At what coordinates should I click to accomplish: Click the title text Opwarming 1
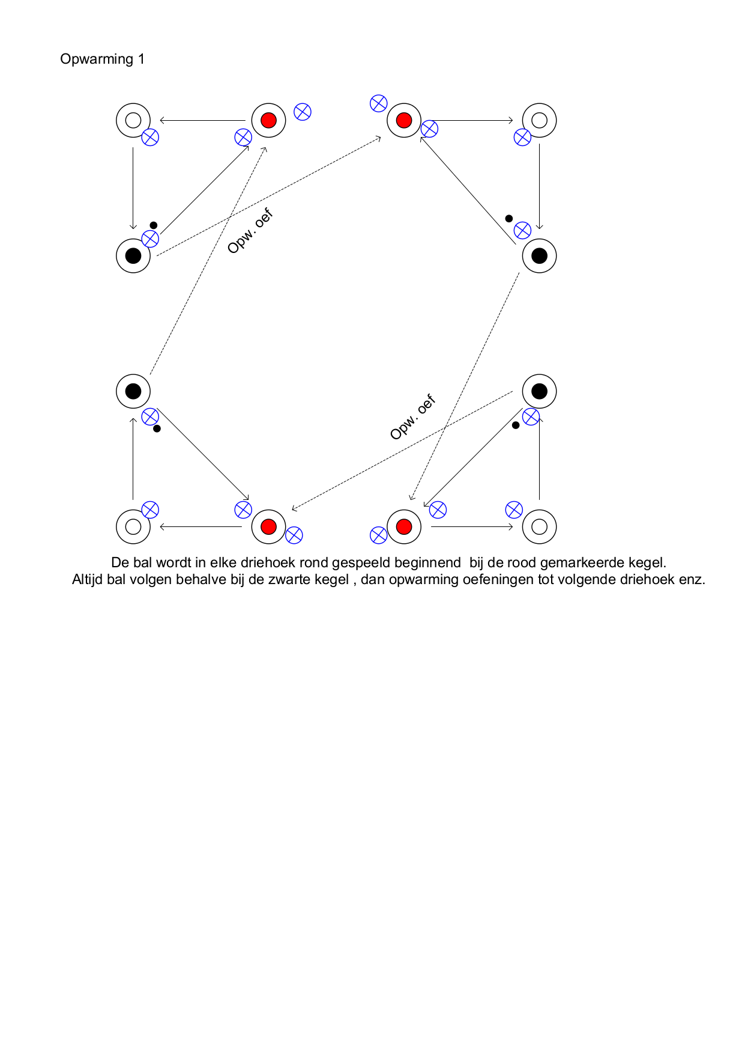click(102, 59)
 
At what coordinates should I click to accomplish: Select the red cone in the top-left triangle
click(269, 120)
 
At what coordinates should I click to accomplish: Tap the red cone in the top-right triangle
click(404, 120)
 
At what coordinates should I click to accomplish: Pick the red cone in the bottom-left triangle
click(269, 527)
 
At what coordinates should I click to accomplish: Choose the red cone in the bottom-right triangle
click(404, 527)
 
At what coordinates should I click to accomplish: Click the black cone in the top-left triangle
click(133, 255)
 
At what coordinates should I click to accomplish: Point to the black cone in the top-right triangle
click(540, 255)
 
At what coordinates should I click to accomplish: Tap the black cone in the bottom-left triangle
click(133, 391)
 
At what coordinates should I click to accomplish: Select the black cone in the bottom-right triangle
click(540, 391)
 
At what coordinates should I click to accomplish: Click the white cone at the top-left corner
click(133, 120)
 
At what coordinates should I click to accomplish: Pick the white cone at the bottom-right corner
click(540, 527)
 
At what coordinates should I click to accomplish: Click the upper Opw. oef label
click(250, 231)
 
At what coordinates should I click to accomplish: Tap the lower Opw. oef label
click(413, 417)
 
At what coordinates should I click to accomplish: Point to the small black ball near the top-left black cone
click(154, 225)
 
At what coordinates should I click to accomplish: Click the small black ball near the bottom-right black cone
click(516, 425)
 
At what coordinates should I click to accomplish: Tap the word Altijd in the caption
click(88, 580)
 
